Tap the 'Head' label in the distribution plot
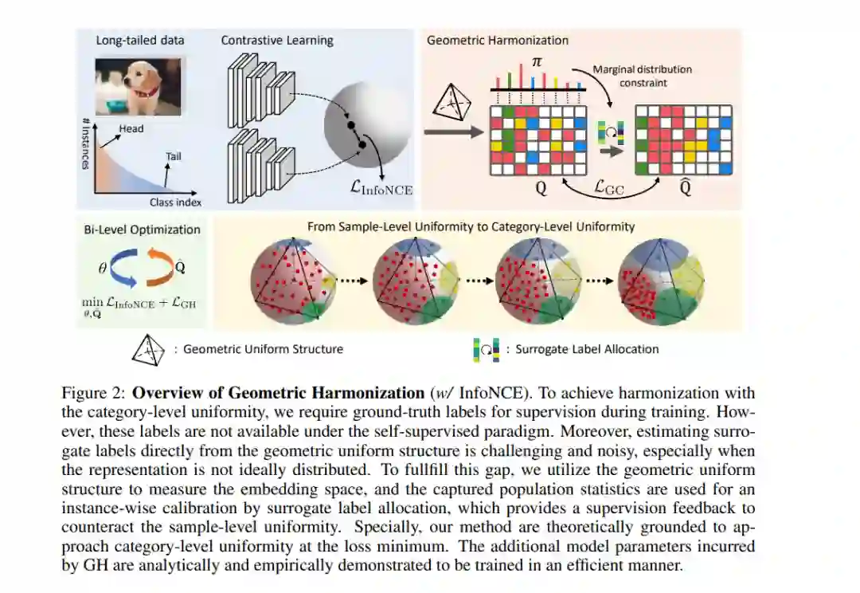click(x=131, y=128)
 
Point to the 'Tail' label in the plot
click(x=173, y=156)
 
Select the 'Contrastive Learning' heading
click(x=277, y=40)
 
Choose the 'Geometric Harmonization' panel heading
click(x=498, y=40)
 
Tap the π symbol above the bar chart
click(x=537, y=61)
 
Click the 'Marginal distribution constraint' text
click(x=642, y=76)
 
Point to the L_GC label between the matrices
click(x=610, y=187)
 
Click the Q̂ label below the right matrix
click(x=683, y=191)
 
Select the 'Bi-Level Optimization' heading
click(x=142, y=230)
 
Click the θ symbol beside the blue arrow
click(x=103, y=269)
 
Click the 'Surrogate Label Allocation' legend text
click(x=587, y=348)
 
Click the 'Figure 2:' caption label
click(x=94, y=393)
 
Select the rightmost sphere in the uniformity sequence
click(x=660, y=279)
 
